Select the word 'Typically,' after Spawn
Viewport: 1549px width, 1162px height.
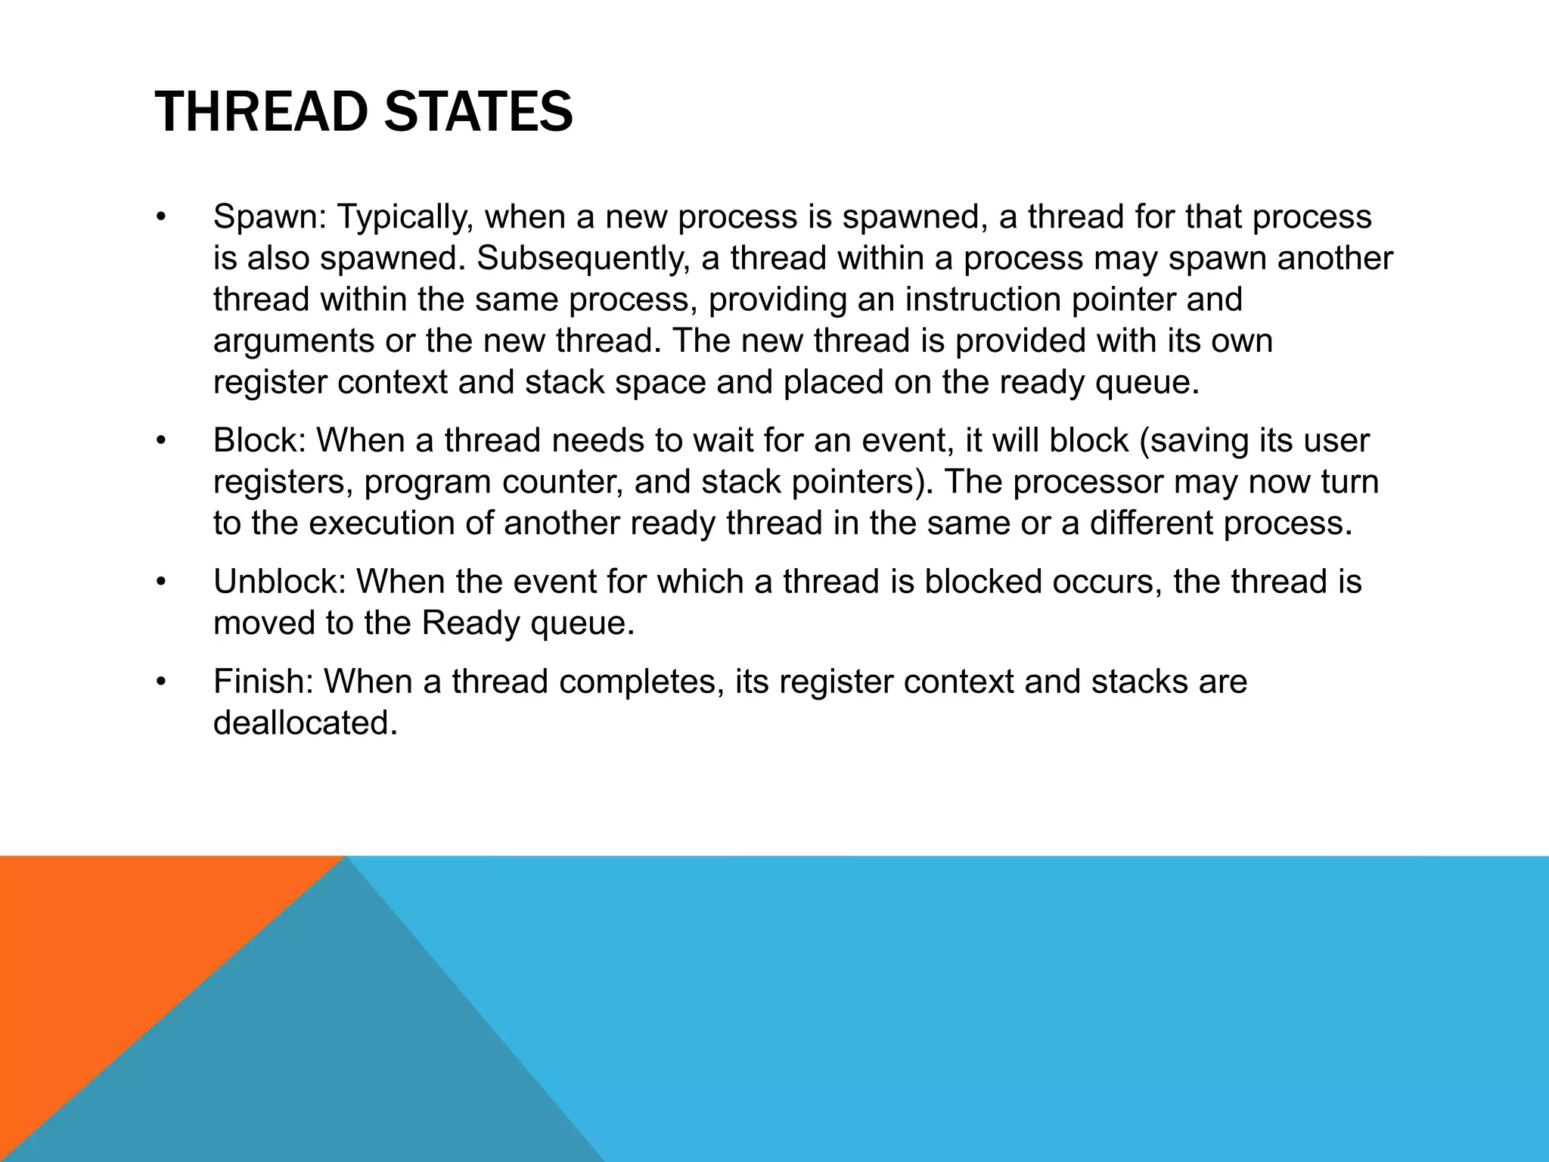(x=405, y=218)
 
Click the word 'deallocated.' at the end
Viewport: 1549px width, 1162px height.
(x=305, y=724)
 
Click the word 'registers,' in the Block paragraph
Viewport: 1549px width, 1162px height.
(x=283, y=483)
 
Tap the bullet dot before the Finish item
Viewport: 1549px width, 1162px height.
(x=160, y=682)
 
